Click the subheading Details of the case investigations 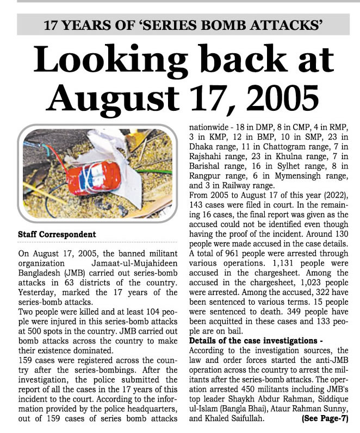[x=256, y=340]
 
